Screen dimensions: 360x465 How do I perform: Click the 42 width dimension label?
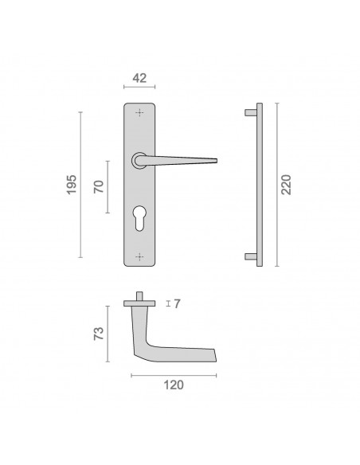point(139,78)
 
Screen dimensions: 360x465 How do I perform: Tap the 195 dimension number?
point(72,185)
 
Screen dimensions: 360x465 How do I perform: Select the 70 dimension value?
point(99,186)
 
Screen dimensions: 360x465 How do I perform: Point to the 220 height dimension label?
point(286,185)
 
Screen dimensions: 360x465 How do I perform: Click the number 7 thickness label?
point(177,303)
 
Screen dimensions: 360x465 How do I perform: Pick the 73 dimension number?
point(99,334)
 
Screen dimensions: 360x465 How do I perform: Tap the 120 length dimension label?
point(174,385)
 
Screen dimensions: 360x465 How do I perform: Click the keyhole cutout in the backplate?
point(139,217)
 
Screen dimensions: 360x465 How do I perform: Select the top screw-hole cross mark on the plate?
point(139,113)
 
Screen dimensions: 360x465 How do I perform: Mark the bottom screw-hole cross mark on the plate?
point(139,257)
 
